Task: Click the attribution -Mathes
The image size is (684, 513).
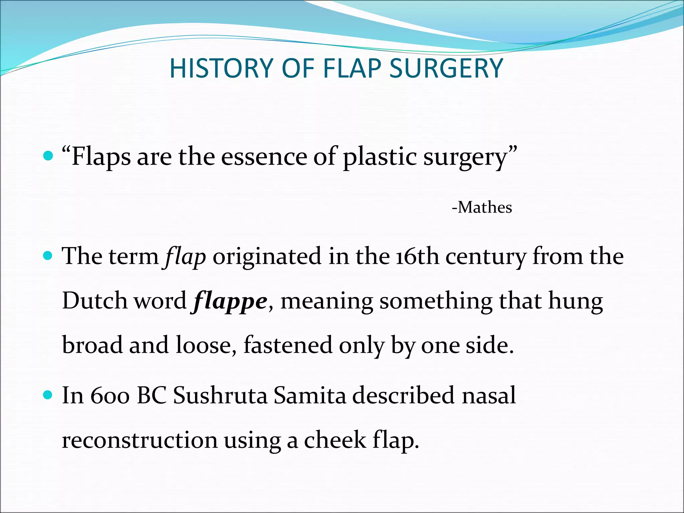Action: (x=482, y=207)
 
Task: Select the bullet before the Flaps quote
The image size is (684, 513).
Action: (x=48, y=156)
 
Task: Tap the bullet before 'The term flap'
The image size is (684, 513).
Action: (x=48, y=256)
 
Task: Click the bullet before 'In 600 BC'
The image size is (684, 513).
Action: (x=48, y=395)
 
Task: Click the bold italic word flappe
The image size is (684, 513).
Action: (x=230, y=301)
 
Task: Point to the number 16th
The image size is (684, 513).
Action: (x=417, y=256)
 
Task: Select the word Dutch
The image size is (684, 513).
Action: (x=95, y=301)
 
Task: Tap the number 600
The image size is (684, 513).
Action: (x=110, y=396)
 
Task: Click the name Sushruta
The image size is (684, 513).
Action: (x=220, y=396)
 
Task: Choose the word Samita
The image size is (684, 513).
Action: (x=310, y=396)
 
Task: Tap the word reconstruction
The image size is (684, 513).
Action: (x=140, y=440)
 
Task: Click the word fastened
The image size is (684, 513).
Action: (x=288, y=345)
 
